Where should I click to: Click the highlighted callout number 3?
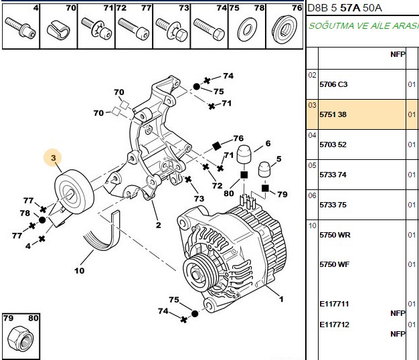coord(54,158)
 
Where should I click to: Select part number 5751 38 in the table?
coord(333,114)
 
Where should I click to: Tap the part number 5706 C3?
coord(333,84)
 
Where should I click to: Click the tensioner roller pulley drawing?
coord(74,191)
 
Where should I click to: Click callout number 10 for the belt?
coord(80,271)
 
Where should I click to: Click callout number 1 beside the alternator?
coord(281,299)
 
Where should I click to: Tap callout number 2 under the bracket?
coord(159,225)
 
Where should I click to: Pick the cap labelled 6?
coord(244,154)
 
